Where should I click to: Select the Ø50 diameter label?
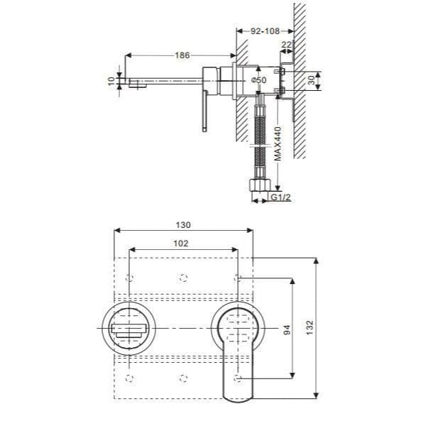click(x=258, y=80)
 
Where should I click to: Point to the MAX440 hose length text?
click(x=278, y=144)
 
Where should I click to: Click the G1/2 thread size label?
click(x=281, y=200)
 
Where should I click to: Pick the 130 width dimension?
click(x=183, y=224)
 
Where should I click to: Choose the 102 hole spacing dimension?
click(x=181, y=242)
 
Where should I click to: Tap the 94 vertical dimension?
click(x=287, y=329)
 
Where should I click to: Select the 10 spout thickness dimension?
click(x=111, y=81)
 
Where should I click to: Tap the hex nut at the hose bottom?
click(x=258, y=187)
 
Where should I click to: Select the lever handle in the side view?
click(x=204, y=110)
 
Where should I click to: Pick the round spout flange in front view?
click(x=131, y=329)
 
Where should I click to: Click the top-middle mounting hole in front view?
click(x=184, y=275)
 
